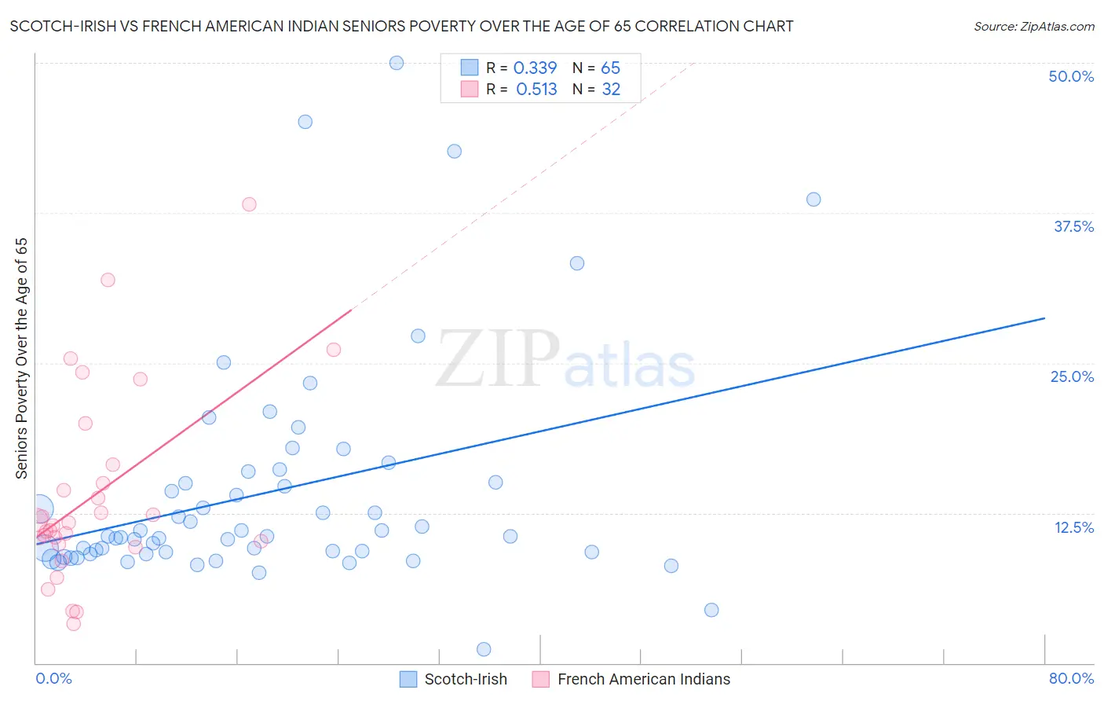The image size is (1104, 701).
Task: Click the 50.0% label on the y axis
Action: pyautogui.click(x=1071, y=76)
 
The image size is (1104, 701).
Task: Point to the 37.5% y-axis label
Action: pyautogui.click(x=1073, y=226)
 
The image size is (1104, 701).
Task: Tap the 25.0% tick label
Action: pyautogui.click(x=1072, y=376)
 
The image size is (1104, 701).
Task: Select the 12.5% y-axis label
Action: pyautogui.click(x=1073, y=527)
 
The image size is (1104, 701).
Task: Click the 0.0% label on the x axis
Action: pyautogui.click(x=53, y=678)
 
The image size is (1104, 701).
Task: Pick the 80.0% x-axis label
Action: pyautogui.click(x=1071, y=678)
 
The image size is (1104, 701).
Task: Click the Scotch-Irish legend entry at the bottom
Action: pyautogui.click(x=465, y=679)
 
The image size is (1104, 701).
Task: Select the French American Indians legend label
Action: pyautogui.click(x=643, y=679)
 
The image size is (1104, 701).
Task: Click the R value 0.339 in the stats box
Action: pyautogui.click(x=535, y=68)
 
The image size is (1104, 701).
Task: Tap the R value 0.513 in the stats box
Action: pyautogui.click(x=536, y=90)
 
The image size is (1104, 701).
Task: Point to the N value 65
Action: pyautogui.click(x=610, y=68)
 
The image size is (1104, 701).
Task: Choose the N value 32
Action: pyautogui.click(x=611, y=90)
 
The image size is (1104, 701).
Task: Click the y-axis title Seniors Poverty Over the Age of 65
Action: pyautogui.click(x=22, y=358)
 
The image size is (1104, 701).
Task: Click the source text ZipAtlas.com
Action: pyautogui.click(x=1034, y=27)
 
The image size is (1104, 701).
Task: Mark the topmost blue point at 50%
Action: pyautogui.click(x=397, y=63)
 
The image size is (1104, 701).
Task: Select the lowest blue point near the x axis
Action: pyautogui.click(x=484, y=649)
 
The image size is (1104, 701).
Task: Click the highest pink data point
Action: pyautogui.click(x=249, y=204)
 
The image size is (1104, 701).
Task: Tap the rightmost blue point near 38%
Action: pyautogui.click(x=813, y=200)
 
